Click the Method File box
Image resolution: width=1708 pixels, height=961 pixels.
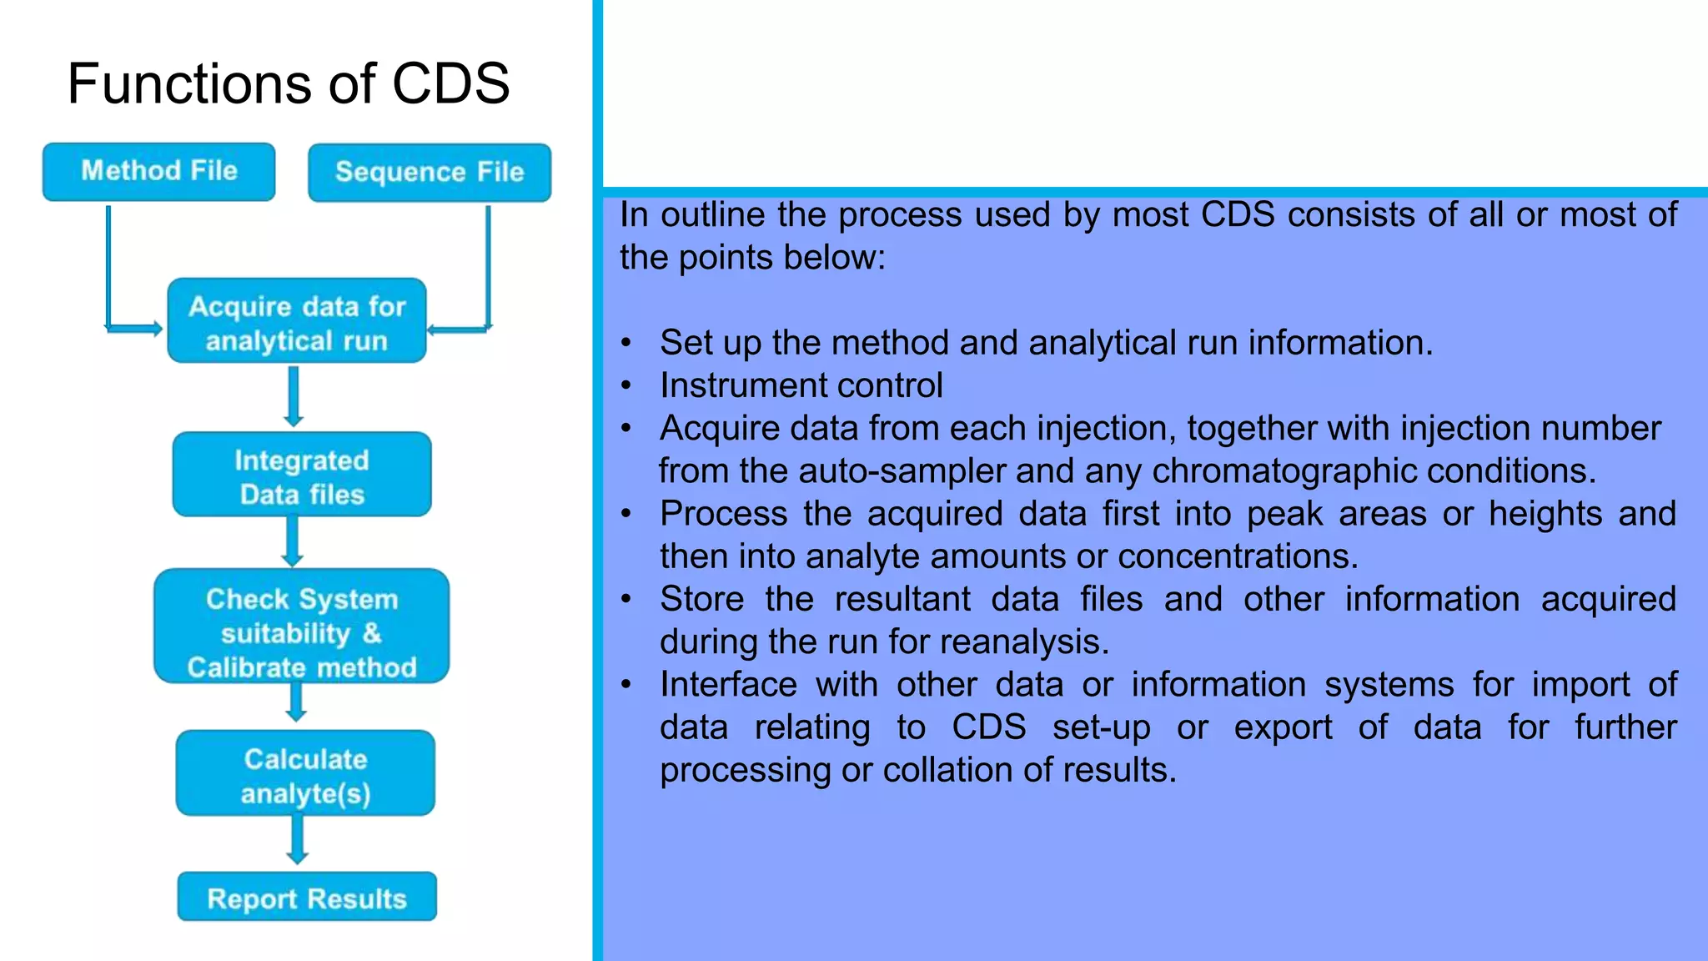[158, 172]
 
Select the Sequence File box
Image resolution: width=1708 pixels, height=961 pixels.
[430, 173]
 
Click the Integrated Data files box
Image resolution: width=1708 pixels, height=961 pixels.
[302, 475]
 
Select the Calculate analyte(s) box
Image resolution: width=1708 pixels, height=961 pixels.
[305, 773]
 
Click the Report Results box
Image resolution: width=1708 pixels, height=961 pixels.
[307, 897]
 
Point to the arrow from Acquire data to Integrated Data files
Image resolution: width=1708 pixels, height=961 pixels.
[293, 397]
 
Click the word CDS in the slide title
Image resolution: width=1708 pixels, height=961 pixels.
[450, 83]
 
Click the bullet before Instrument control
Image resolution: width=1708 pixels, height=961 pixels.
[626, 386]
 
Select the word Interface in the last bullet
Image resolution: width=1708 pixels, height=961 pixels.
[728, 685]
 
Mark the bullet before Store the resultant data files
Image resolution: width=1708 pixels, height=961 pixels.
[626, 600]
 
